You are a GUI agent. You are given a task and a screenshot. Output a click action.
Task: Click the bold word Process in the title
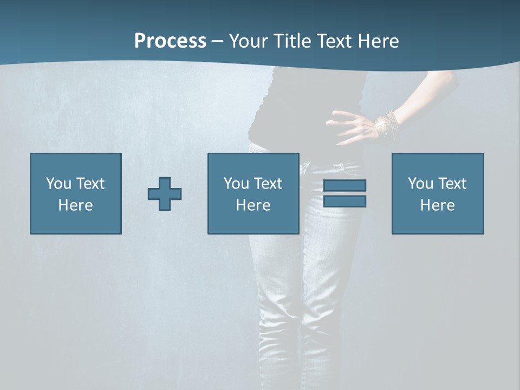pyautogui.click(x=170, y=41)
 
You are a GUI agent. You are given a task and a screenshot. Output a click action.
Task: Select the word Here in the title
pyautogui.click(x=379, y=41)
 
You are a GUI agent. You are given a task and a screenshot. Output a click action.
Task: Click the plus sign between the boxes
pyautogui.click(x=165, y=194)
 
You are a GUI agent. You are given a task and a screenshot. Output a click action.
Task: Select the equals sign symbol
pyautogui.click(x=344, y=193)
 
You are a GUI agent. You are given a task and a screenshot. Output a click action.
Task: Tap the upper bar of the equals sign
pyautogui.click(x=344, y=185)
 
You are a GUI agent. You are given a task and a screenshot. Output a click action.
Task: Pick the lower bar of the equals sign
pyautogui.click(x=344, y=201)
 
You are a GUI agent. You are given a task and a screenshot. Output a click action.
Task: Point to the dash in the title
pyautogui.click(x=217, y=41)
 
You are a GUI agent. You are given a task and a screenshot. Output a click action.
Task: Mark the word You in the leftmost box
pyautogui.click(x=58, y=184)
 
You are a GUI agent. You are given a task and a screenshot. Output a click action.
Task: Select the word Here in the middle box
pyautogui.click(x=253, y=205)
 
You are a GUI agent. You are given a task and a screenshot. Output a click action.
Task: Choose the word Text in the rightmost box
pyautogui.click(x=452, y=184)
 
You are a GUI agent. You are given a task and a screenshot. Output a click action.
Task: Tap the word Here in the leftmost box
pyautogui.click(x=76, y=205)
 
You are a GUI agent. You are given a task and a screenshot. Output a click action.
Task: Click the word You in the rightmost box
pyautogui.click(x=420, y=184)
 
